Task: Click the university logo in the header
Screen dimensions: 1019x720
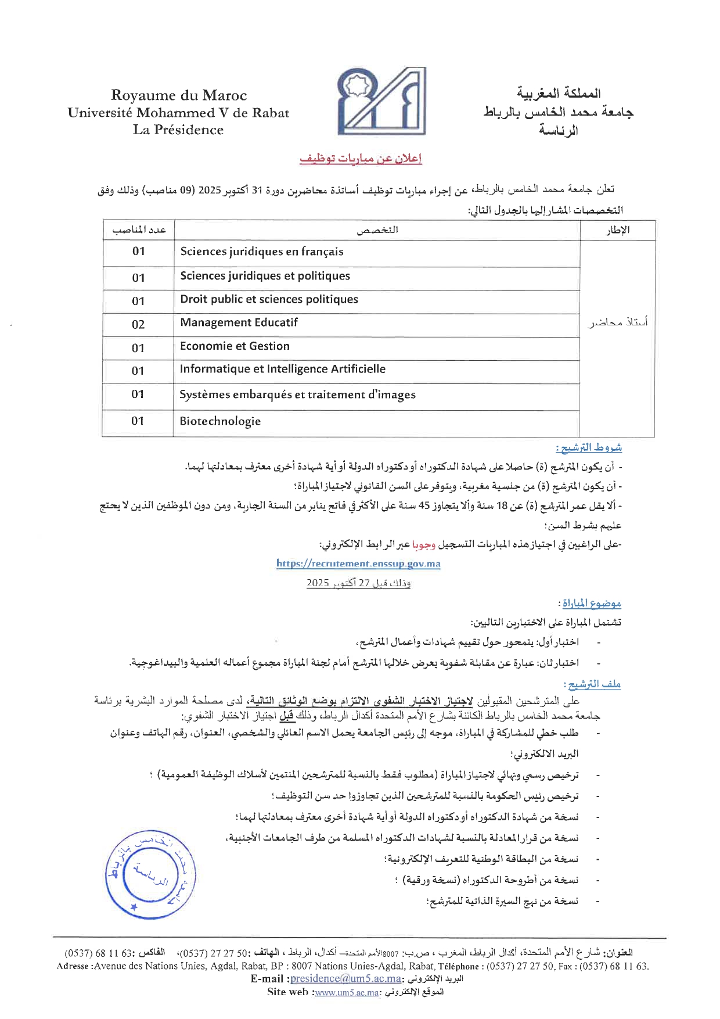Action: click(x=381, y=102)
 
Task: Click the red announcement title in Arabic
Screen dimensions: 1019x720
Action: click(x=361, y=159)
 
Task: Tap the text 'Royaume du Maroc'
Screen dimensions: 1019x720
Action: click(x=179, y=95)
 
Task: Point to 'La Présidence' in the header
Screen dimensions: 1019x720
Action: click(x=178, y=130)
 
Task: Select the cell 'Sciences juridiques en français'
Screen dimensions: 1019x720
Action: click(x=262, y=252)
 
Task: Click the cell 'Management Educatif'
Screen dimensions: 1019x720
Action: click(x=239, y=322)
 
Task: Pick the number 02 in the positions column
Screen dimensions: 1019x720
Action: click(x=138, y=325)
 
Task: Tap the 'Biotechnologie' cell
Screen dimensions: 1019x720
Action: click(x=220, y=421)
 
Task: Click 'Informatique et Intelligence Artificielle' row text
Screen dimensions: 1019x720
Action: click(x=282, y=369)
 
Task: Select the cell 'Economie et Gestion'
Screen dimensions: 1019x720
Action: click(x=235, y=346)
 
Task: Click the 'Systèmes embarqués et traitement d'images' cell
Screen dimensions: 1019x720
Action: click(x=297, y=394)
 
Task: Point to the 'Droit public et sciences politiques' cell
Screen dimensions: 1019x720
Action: click(x=269, y=299)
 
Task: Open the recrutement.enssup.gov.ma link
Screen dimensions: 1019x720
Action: click(x=358, y=564)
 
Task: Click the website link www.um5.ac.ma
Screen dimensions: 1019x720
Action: click(x=347, y=992)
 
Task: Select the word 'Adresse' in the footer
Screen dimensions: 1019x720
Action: click(x=73, y=966)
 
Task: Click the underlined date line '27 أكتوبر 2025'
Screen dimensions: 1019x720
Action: click(x=358, y=583)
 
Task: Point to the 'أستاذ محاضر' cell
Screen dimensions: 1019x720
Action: click(x=617, y=322)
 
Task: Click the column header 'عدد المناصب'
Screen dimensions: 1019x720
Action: click(x=139, y=230)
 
